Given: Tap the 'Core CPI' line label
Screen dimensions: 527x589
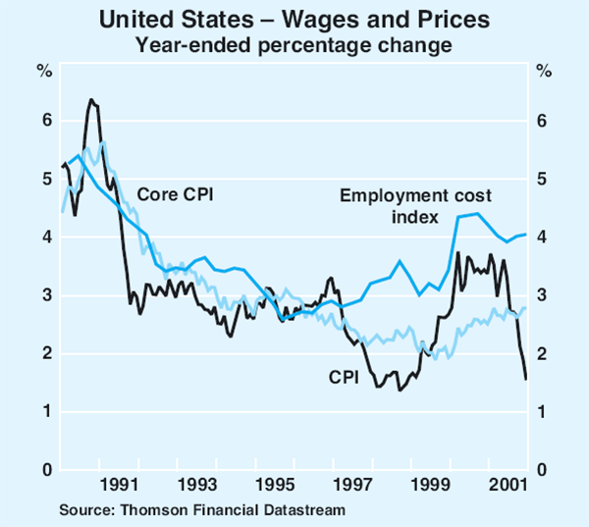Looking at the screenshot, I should pos(175,193).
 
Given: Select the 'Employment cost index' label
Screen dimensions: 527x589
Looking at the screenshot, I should pos(415,206).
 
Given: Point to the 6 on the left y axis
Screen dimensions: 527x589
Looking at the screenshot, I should pos(44,121).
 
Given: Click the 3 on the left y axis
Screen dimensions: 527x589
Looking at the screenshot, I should pos(44,295).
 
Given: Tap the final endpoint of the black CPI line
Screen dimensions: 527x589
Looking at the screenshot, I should pos(526,379).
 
